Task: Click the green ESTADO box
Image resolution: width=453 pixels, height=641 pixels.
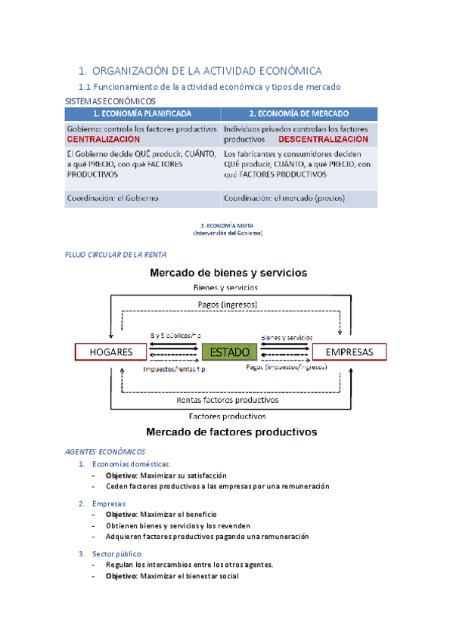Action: (230, 352)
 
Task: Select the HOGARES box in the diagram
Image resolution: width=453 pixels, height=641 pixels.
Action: (111, 352)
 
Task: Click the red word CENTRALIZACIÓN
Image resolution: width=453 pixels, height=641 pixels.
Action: (103, 140)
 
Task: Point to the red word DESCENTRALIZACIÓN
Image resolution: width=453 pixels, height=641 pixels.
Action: (323, 140)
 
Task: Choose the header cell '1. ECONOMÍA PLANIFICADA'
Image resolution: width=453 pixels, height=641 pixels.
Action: (141, 114)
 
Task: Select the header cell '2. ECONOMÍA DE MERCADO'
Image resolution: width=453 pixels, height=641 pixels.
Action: (299, 114)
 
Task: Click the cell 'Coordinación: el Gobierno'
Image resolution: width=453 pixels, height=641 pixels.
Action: (113, 198)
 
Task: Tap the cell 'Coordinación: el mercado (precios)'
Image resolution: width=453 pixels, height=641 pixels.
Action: (284, 198)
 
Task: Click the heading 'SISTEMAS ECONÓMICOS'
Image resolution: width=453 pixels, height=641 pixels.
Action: (110, 101)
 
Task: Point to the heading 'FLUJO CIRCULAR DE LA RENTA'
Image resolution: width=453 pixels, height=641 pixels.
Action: (116, 255)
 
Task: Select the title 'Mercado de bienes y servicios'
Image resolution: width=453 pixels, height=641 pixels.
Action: (228, 272)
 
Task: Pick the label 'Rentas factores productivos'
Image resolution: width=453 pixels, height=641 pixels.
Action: (227, 400)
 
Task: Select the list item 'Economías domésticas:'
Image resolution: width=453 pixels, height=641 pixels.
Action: (131, 463)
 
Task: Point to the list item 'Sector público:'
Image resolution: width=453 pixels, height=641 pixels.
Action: (117, 553)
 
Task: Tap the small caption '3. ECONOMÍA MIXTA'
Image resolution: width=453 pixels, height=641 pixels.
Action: (228, 225)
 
